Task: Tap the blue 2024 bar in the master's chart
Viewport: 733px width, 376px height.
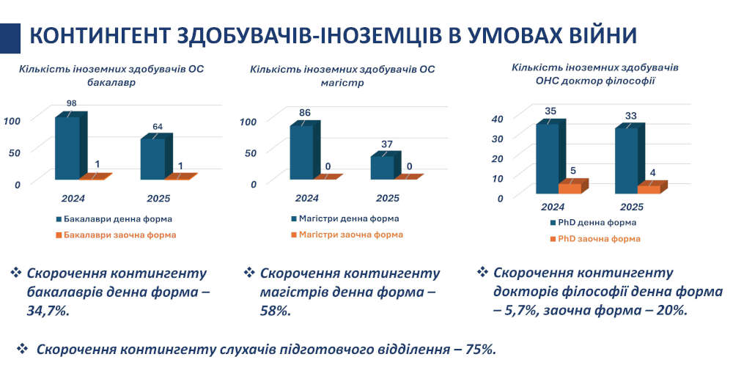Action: click(302, 152)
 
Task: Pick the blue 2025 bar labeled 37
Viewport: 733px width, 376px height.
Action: click(383, 166)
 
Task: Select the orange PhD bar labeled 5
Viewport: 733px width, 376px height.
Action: click(570, 188)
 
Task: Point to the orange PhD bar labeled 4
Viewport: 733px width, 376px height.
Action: click(649, 188)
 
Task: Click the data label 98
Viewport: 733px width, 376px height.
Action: click(71, 103)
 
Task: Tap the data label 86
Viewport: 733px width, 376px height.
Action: click(305, 112)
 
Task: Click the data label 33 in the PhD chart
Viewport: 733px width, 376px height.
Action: click(630, 115)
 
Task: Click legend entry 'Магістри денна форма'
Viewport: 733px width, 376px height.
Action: click(349, 218)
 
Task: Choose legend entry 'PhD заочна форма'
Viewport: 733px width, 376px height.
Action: click(599, 239)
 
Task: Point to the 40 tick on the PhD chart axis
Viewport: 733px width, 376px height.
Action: click(496, 119)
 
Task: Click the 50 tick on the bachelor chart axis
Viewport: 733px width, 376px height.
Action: click(15, 151)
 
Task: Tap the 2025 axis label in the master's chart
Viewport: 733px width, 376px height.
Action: click(387, 198)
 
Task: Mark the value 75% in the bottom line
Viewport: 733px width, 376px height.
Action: click(479, 350)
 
